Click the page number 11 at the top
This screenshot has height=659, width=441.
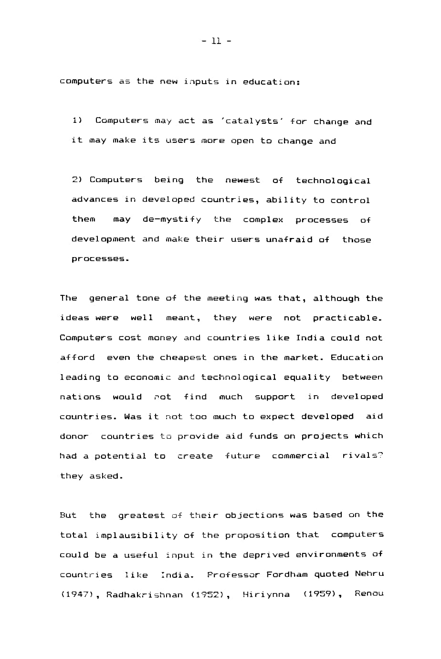coord(216,41)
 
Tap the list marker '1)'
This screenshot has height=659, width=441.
coord(77,120)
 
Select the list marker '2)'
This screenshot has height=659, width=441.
coord(77,180)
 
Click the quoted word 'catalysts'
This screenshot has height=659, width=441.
coord(252,121)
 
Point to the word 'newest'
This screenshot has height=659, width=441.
coord(242,180)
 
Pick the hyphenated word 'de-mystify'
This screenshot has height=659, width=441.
coord(172,219)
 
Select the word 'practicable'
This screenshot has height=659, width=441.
coord(347,318)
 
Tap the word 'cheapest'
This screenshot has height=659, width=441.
coord(183,357)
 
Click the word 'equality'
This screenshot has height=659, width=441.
coord(307,377)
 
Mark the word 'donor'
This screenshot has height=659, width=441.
coord(74,436)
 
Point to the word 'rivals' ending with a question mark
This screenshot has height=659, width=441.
coord(363,455)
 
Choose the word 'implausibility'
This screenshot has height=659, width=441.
coord(136,535)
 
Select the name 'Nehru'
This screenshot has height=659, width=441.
coord(369,573)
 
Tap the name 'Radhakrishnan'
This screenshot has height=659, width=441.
coord(144,594)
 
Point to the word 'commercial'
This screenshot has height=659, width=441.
coord(301,455)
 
